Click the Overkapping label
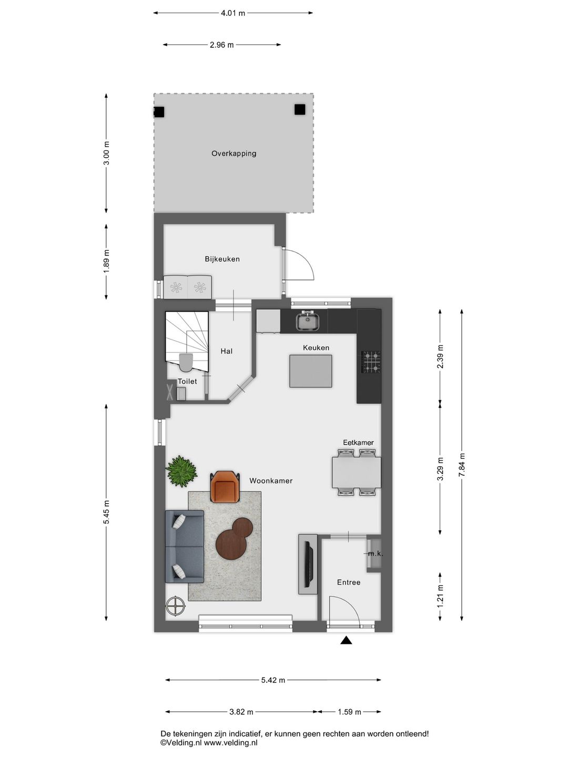tap(234, 154)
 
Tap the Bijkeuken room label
tap(222, 259)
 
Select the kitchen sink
tap(308, 320)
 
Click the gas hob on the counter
tap(371, 362)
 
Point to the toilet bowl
tap(186, 362)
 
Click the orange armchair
tap(225, 487)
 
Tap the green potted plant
tap(181, 471)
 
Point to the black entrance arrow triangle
tap(346, 640)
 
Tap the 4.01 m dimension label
tap(233, 13)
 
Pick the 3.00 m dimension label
tap(106, 153)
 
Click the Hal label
tap(227, 351)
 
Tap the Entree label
tap(349, 582)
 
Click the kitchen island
tap(311, 371)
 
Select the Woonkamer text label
tap(271, 481)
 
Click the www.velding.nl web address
tap(231, 743)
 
